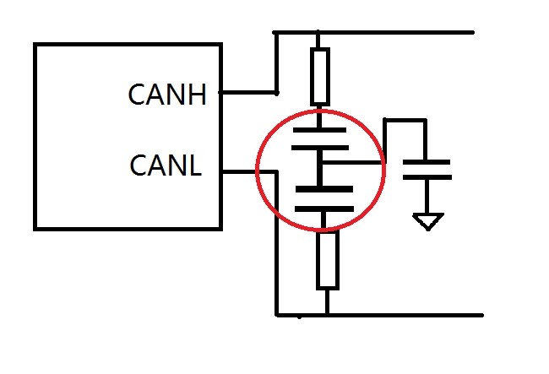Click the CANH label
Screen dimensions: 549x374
167,95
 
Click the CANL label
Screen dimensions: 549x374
166,165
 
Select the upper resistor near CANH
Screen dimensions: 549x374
320,77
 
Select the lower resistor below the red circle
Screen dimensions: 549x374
328,260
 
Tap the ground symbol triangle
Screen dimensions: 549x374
428,221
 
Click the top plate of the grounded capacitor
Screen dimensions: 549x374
426,162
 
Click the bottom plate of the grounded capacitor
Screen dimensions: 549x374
427,177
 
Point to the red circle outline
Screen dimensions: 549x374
257,170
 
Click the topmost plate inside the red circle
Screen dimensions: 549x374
319,130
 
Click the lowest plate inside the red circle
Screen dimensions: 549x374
324,209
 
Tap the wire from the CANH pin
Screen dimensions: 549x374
247,92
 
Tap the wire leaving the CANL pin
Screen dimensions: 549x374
250,171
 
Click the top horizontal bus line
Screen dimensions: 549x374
373,33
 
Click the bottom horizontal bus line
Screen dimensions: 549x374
380,315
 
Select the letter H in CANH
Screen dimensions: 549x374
198,95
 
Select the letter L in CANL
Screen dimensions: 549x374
194,165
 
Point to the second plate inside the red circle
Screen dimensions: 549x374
320,148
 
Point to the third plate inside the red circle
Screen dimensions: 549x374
324,189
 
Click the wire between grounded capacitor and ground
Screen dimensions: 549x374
427,197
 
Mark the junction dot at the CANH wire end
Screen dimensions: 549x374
276,94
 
